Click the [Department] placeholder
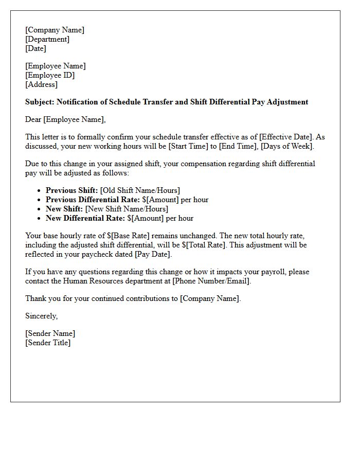[47, 39]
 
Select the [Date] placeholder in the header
[36, 48]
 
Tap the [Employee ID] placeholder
[50, 75]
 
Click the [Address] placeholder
[42, 84]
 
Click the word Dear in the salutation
[33, 119]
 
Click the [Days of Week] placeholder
[287, 146]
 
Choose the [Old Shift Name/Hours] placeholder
[140, 190]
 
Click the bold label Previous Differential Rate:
[93, 200]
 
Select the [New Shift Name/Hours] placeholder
[127, 209]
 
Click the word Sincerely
[42, 316]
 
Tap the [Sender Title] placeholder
[48, 343]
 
